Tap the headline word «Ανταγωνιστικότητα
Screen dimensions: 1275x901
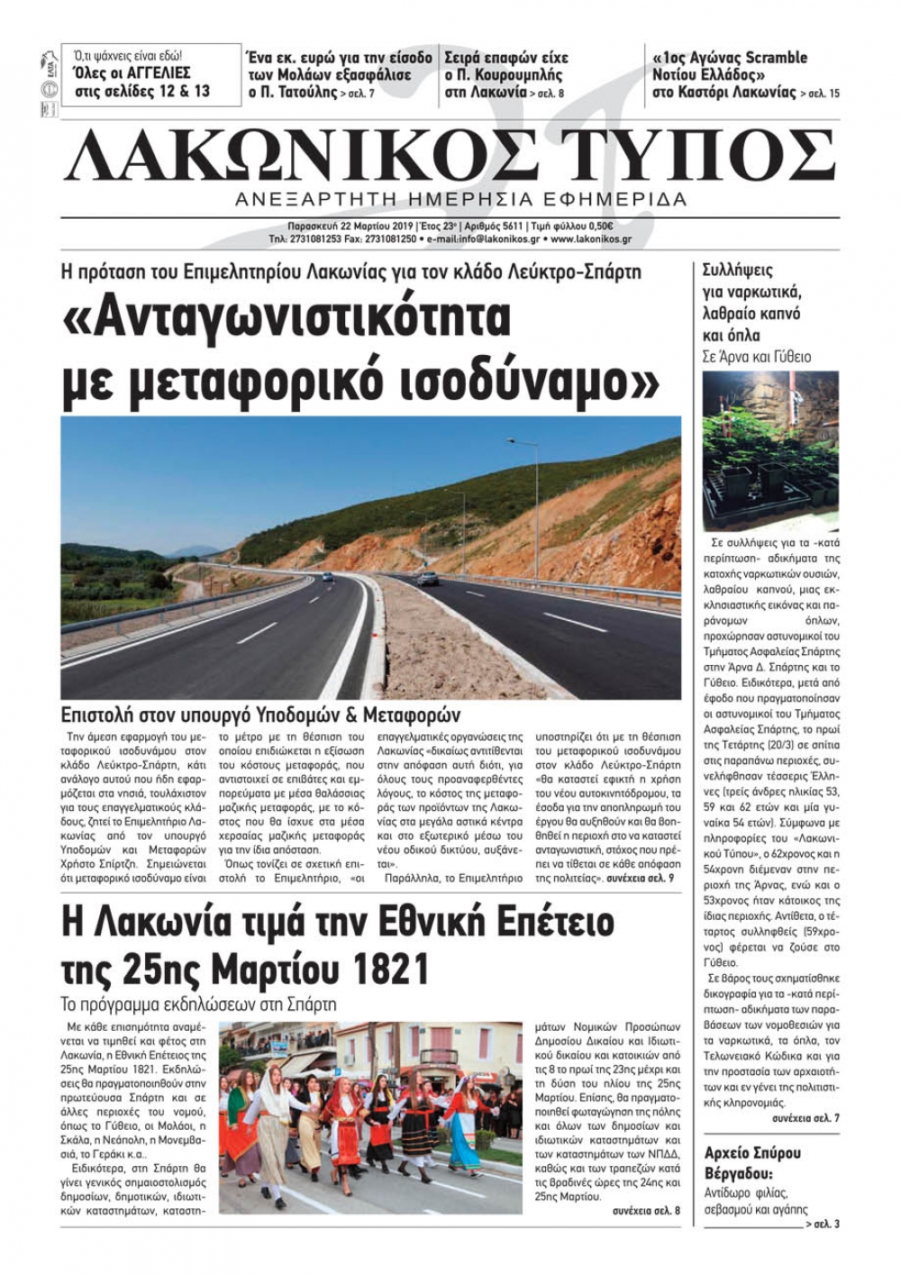pos(288,317)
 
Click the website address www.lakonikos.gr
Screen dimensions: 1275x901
pos(589,240)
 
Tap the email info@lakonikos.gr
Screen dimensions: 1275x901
pos(489,240)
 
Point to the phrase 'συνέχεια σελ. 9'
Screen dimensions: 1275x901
pos(640,877)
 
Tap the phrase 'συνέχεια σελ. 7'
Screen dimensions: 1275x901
pos(805,1118)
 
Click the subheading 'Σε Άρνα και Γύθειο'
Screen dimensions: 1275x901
pos(756,357)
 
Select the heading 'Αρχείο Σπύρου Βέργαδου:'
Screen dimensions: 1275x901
pos(752,1163)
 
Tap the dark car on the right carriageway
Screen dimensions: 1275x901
pos(429,578)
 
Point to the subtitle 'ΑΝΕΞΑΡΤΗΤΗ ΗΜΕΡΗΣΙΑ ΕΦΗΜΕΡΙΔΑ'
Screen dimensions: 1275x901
pos(460,199)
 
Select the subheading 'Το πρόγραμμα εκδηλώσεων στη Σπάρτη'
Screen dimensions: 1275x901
pos(197,1004)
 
